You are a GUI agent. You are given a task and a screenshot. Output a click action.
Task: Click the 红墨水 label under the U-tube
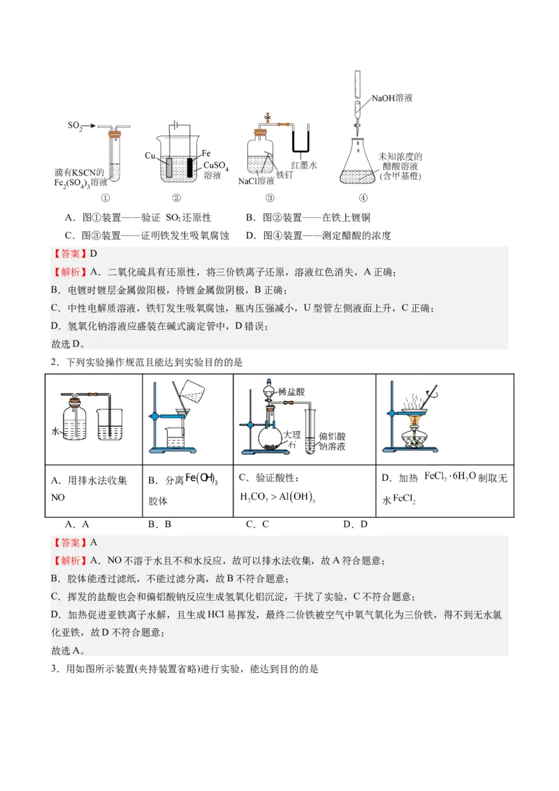coord(305,166)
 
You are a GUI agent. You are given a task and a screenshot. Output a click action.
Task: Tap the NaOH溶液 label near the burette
coord(392,98)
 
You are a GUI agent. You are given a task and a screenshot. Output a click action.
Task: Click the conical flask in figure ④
coord(364,165)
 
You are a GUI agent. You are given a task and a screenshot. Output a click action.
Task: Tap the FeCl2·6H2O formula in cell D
coord(451,477)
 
